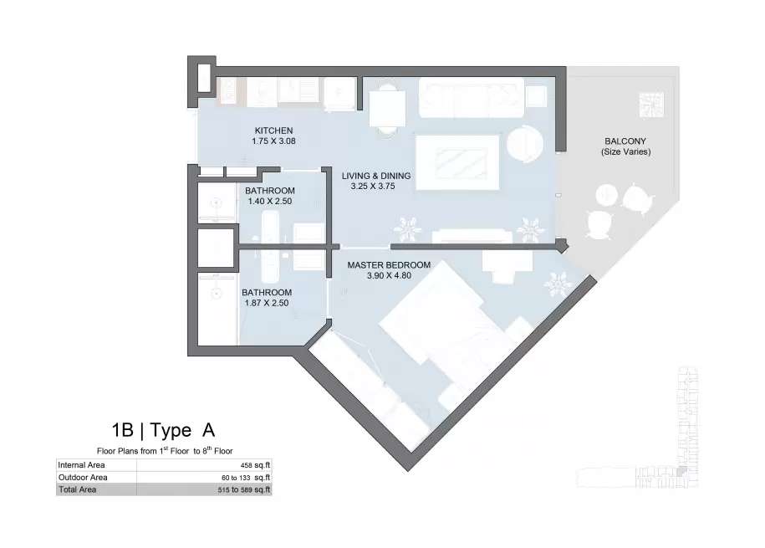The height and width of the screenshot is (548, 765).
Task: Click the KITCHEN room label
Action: pos(273,131)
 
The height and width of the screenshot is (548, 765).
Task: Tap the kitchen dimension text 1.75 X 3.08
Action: pos(273,141)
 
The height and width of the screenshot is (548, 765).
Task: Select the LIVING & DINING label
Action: pos(376,176)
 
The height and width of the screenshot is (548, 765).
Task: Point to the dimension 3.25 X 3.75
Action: pos(373,186)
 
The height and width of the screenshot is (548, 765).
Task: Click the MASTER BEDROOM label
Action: pos(389,265)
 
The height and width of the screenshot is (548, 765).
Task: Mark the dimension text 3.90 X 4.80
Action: pos(389,275)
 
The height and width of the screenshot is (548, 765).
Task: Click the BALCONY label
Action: pos(625,141)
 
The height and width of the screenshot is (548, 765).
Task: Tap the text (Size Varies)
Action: pos(626,152)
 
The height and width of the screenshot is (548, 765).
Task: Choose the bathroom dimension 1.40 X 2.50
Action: pos(270,202)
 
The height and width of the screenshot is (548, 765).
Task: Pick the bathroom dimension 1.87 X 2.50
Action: pos(267,303)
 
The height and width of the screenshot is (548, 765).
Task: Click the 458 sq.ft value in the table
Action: pos(255,465)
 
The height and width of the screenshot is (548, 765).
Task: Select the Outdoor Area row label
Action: pos(83,478)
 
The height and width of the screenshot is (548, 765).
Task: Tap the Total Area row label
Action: pos(78,489)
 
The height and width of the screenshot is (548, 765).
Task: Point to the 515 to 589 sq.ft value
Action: pos(244,490)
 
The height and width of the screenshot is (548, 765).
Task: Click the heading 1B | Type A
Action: pos(163,430)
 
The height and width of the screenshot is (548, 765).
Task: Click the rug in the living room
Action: pos(457,162)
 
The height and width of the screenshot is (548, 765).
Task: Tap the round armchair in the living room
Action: pos(525,145)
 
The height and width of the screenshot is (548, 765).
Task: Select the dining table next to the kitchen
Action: pos(387,109)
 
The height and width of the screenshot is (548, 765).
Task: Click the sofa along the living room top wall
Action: pos(472,97)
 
